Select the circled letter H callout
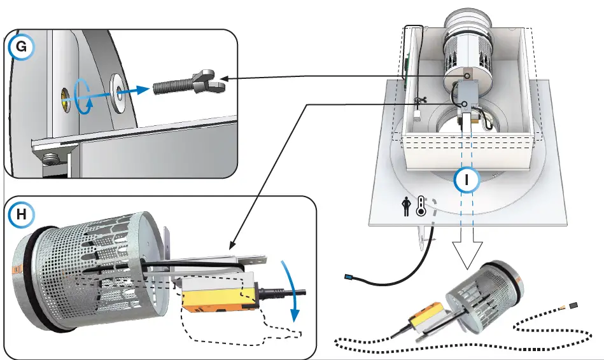click(x=21, y=216)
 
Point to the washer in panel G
click(x=118, y=88)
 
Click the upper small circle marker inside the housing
click(x=467, y=76)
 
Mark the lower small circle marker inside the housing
click(x=465, y=104)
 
